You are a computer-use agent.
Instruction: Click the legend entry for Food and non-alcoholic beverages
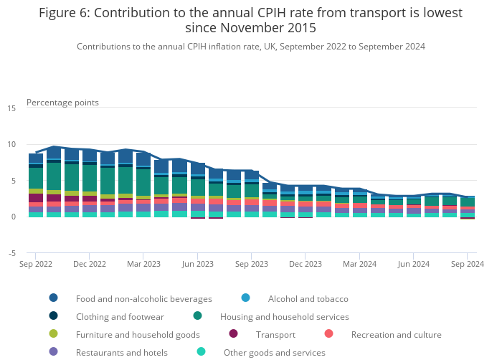coord(143,298)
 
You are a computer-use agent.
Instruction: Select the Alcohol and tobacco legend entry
coord(308,298)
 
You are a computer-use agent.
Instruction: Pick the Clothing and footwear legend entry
coord(120,316)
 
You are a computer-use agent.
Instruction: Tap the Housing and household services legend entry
coord(284,316)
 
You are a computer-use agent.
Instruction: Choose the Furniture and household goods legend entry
coord(138,334)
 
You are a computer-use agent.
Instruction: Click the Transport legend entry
coord(275,334)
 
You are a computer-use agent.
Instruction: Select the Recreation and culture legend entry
coord(396,334)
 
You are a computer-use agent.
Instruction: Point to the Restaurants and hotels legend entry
coord(121,352)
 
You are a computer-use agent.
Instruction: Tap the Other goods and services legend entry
coord(274,352)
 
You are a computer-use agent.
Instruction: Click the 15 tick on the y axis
coord(11,108)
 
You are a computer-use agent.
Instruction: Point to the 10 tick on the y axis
coord(11,144)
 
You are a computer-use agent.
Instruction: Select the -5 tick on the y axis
coord(11,253)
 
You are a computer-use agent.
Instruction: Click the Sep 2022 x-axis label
coord(36,264)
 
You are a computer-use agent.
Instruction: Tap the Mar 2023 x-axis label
coord(143,264)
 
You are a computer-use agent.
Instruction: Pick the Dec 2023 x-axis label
coord(306,264)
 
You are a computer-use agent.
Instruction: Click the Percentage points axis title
coord(62,103)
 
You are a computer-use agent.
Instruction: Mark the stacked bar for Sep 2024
coord(468,207)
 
